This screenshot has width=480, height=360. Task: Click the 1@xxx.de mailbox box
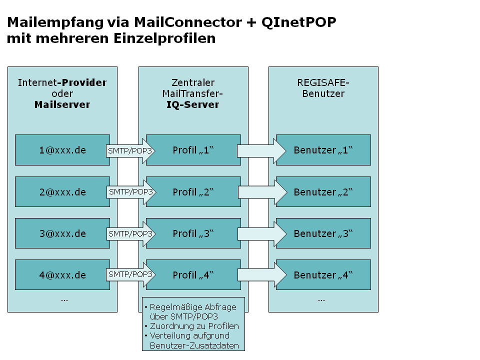tap(62, 150)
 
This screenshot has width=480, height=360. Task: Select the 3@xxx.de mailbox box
tap(62, 233)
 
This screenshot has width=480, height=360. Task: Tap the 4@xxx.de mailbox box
tap(62, 275)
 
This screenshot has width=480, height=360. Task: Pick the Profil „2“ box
tap(193, 192)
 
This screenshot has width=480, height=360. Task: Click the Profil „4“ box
tap(193, 275)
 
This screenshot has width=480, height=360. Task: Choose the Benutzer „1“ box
tap(323, 150)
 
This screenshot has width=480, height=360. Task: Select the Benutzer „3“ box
tap(323, 233)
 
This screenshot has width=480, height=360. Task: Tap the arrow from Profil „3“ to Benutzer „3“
tap(261, 233)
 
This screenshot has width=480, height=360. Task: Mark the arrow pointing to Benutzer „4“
tap(261, 275)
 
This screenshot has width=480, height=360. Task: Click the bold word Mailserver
tap(62, 104)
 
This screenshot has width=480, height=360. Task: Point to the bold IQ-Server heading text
tap(193, 104)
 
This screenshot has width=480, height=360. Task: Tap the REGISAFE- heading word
tap(323, 82)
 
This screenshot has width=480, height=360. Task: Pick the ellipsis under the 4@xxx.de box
tap(64, 299)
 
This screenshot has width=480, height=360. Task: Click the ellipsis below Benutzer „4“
tap(321, 299)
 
